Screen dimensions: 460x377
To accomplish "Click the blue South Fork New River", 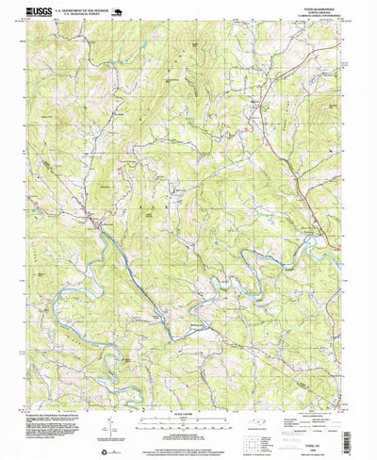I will (x=123, y=255).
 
